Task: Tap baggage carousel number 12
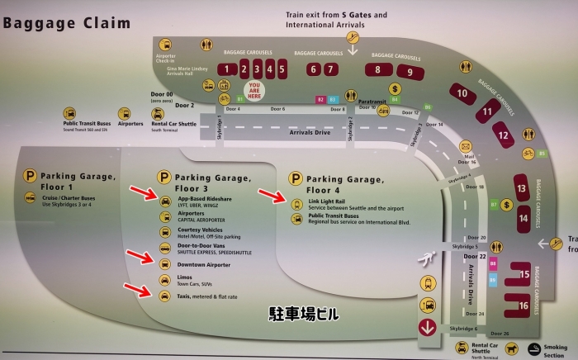503,130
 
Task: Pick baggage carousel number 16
524,306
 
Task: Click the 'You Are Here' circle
255,92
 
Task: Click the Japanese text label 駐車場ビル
305,314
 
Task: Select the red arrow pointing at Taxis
136,289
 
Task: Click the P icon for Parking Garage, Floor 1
30,175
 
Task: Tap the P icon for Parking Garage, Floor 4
295,178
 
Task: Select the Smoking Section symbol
536,348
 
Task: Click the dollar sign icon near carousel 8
395,88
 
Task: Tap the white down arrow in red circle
428,325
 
